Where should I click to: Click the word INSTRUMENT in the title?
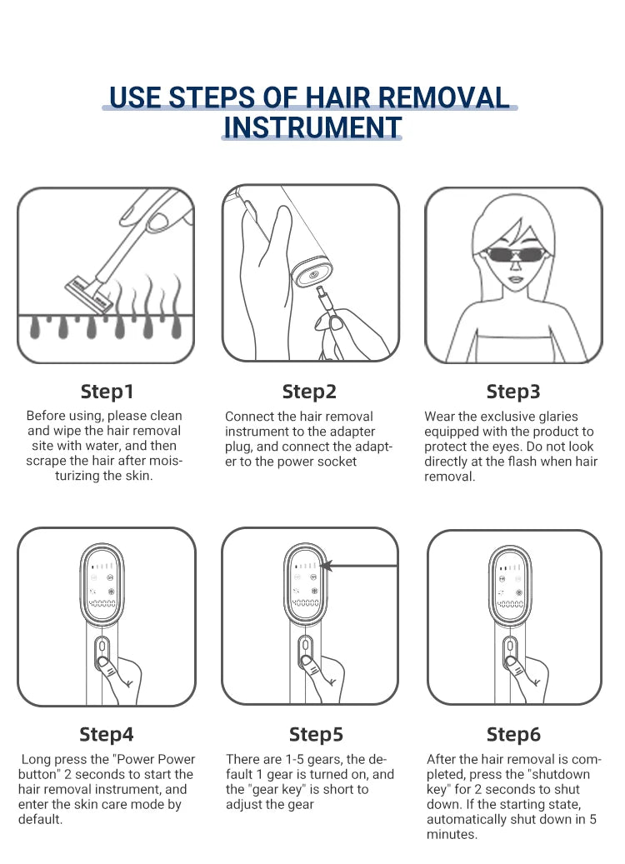point(312,127)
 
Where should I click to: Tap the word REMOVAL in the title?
point(443,97)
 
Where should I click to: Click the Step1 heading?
point(107,392)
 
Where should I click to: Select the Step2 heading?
point(309,392)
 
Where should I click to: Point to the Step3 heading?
point(513,392)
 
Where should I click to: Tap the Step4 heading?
point(107,734)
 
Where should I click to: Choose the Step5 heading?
point(316,734)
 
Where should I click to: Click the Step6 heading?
point(513,734)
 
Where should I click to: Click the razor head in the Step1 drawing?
point(89,295)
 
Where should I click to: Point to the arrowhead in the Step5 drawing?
point(327,566)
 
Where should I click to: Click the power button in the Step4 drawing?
point(102,663)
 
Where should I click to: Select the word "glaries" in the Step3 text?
point(557,417)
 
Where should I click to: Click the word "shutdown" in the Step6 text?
point(559,774)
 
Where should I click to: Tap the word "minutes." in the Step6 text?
point(452,834)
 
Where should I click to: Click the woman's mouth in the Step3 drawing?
point(515,279)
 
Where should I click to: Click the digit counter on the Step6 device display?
point(510,604)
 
